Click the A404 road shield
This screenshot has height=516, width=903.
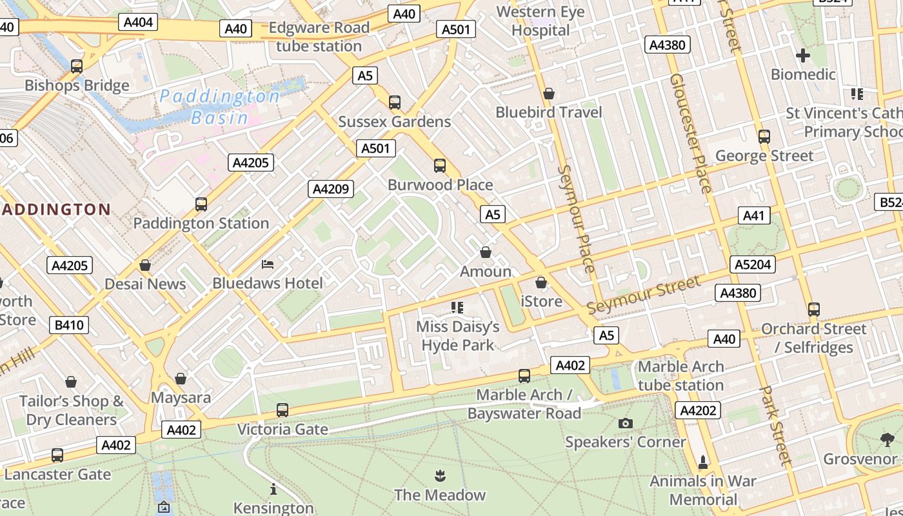click(x=138, y=23)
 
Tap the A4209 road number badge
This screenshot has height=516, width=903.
click(x=331, y=189)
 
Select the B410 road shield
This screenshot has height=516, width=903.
click(x=69, y=325)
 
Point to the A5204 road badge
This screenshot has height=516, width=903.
click(x=753, y=264)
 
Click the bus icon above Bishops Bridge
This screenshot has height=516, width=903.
click(x=77, y=66)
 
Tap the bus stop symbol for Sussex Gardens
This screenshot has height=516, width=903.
click(x=394, y=102)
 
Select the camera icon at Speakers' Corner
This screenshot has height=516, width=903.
click(x=625, y=423)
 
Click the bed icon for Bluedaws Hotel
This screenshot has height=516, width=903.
click(x=268, y=264)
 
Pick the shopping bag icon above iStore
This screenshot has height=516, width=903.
click(x=541, y=283)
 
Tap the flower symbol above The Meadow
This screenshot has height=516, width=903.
click(x=440, y=476)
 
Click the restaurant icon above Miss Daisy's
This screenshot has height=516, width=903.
click(x=457, y=308)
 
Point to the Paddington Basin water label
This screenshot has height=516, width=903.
click(x=219, y=107)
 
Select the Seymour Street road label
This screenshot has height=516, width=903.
click(x=643, y=295)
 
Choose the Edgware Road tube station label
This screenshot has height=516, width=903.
click(x=319, y=37)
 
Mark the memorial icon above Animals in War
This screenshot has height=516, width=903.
click(x=703, y=462)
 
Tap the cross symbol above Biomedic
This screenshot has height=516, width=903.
click(x=802, y=55)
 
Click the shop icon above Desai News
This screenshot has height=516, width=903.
click(x=145, y=265)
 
